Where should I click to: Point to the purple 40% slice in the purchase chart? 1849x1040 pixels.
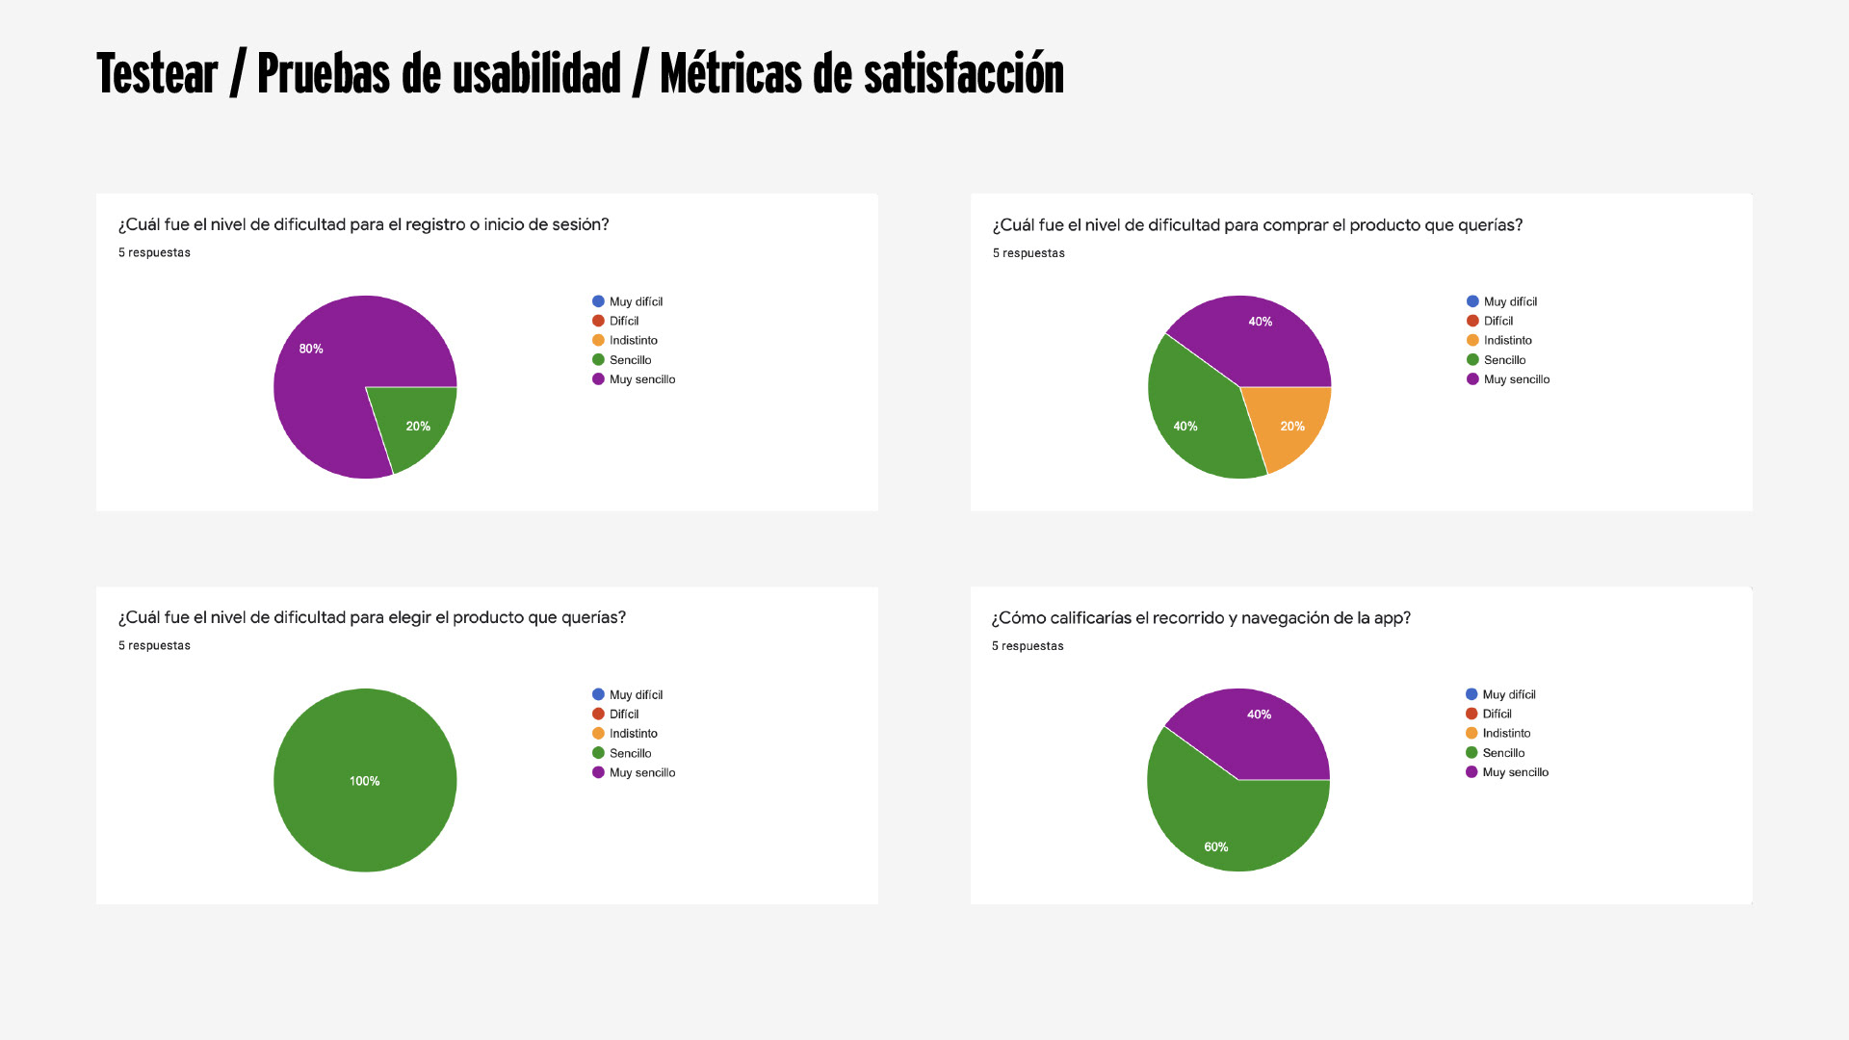coord(1252,337)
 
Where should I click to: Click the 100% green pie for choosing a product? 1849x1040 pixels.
coord(365,780)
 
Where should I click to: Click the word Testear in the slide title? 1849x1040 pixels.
coord(157,74)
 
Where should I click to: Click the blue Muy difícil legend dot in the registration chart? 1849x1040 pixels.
coord(598,301)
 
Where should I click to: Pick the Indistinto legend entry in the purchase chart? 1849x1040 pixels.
coord(1507,340)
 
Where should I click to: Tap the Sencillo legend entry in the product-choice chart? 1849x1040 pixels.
coord(630,753)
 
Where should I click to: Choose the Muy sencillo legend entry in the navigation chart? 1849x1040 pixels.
coord(1515,772)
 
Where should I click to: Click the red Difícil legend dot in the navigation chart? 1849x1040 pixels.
coord(1471,714)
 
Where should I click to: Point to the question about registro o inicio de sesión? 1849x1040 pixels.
coord(363,224)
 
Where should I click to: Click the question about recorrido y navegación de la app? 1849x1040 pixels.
coord(1201,617)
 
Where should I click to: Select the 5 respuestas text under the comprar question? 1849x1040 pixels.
coord(1029,253)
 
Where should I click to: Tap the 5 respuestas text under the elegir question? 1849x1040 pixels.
coord(154,645)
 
